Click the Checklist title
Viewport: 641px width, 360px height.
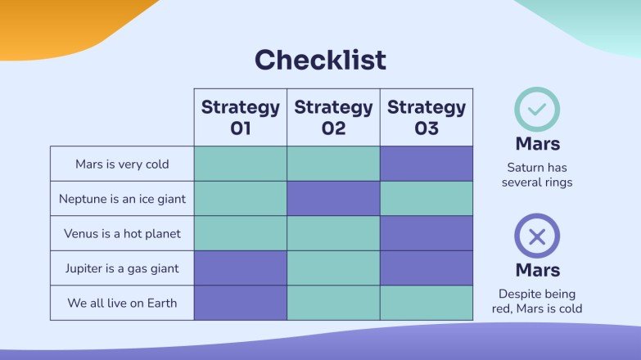tap(320, 61)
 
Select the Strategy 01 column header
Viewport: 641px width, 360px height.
tap(241, 117)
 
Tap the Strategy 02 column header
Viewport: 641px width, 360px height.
tap(333, 117)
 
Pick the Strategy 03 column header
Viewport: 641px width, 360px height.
tap(427, 117)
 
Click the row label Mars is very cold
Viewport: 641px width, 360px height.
tap(122, 164)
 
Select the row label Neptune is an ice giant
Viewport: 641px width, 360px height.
tap(122, 199)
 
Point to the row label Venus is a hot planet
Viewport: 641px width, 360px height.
tap(122, 234)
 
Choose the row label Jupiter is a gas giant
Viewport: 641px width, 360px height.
tap(122, 268)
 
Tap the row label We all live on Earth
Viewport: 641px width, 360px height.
tap(122, 303)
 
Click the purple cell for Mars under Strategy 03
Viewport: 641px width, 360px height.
tap(427, 164)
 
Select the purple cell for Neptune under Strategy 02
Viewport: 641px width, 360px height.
tap(333, 199)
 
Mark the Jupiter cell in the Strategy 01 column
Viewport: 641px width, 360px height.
tap(241, 268)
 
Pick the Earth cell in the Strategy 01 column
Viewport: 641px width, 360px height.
tap(241, 303)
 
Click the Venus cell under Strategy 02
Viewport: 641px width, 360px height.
tap(333, 234)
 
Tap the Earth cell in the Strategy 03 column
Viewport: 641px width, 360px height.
tap(427, 303)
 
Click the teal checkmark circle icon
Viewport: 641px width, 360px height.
tap(537, 110)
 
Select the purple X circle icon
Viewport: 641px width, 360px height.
tap(537, 236)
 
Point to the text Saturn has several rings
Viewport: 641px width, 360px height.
tap(537, 174)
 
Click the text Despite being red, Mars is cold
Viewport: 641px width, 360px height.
tap(537, 301)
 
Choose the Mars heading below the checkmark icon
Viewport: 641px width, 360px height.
tap(537, 144)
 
